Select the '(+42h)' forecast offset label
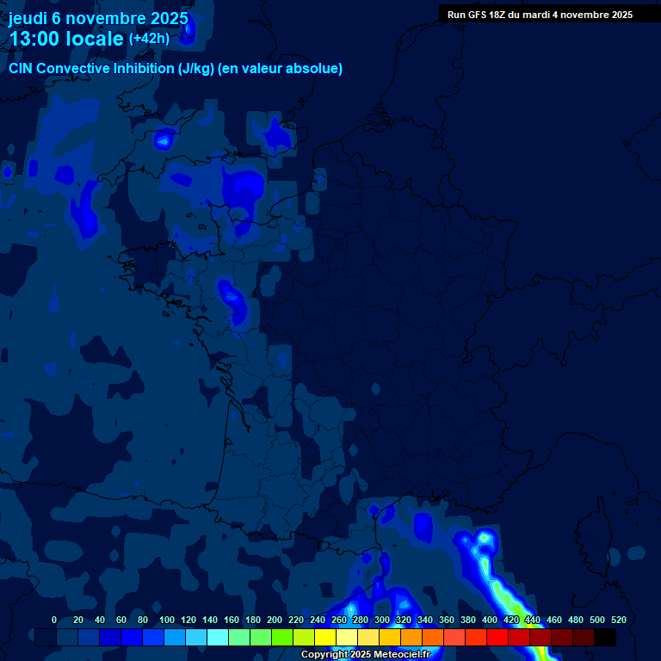[149, 38]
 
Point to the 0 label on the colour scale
[54, 620]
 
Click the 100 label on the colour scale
[167, 620]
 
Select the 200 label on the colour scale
[275, 620]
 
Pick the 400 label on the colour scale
[490, 620]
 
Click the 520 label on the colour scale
[619, 620]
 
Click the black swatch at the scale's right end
[605, 638]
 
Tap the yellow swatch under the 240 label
[325, 638]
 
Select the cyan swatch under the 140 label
[218, 638]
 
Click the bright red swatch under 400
[497, 638]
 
